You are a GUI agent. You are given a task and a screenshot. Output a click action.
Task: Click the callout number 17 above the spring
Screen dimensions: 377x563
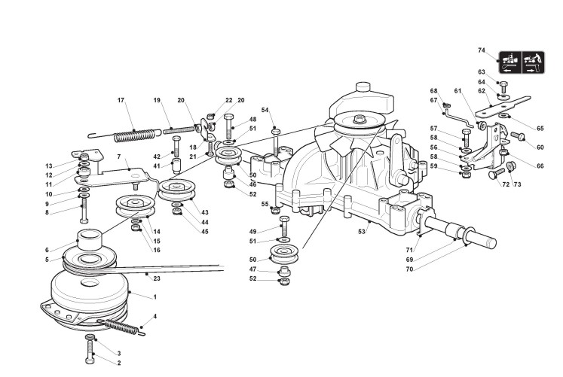pyautogui.click(x=121, y=100)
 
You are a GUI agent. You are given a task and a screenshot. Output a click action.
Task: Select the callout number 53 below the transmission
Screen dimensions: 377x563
pyautogui.click(x=363, y=231)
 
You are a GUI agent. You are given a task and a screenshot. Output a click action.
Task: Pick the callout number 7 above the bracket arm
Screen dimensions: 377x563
pyautogui.click(x=118, y=157)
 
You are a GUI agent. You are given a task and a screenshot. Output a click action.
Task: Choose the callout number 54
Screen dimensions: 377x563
pyautogui.click(x=265, y=110)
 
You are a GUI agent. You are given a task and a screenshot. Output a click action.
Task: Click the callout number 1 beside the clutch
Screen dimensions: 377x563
pyautogui.click(x=155, y=297)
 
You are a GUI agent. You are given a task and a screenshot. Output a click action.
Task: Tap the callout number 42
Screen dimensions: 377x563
pyautogui.click(x=158, y=156)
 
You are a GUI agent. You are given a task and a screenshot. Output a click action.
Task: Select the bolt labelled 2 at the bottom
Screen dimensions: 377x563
pyautogui.click(x=91, y=350)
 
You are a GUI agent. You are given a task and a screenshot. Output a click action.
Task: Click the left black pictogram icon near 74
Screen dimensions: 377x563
pyautogui.click(x=509, y=59)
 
